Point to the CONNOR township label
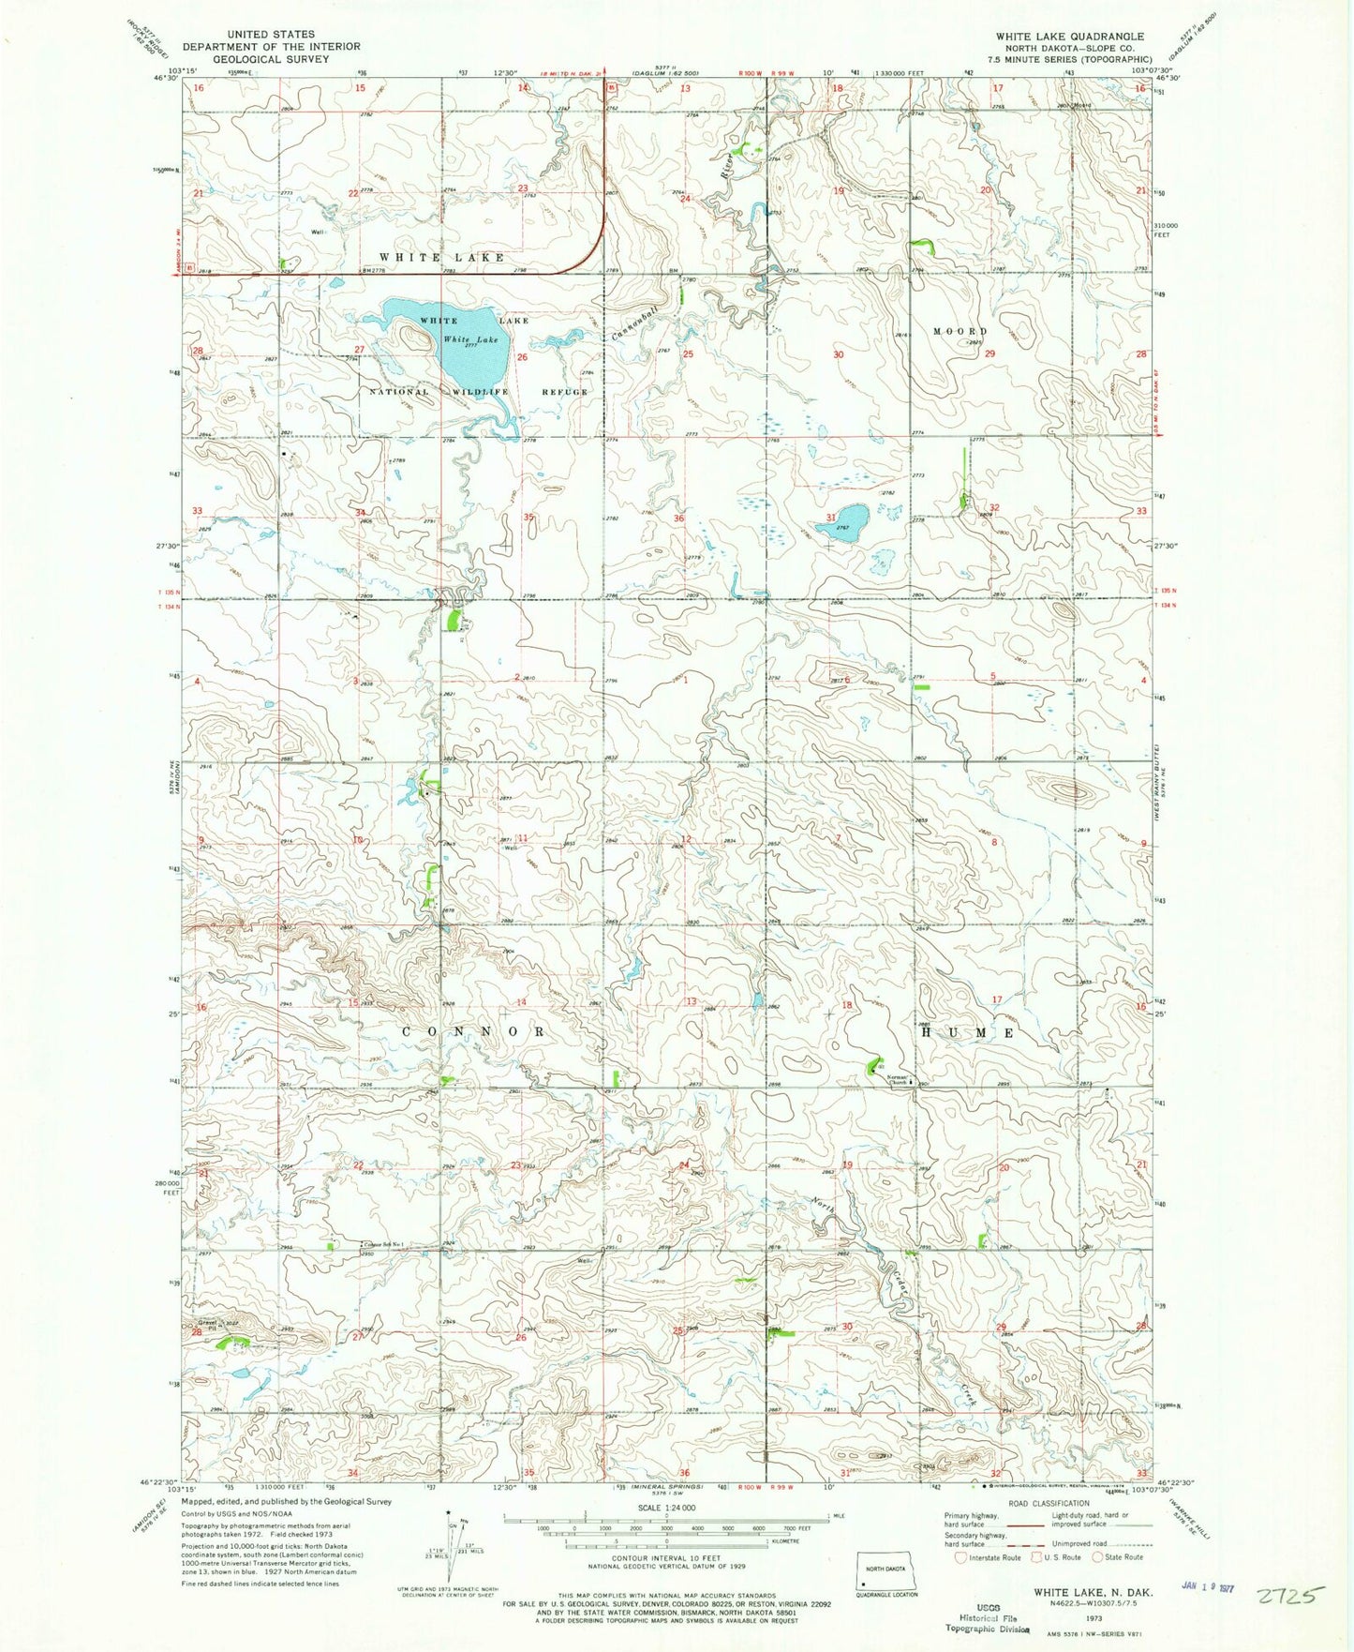(474, 1031)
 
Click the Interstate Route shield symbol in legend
(959, 1557)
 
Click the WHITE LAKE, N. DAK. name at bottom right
(1093, 1592)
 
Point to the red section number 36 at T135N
(678, 518)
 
